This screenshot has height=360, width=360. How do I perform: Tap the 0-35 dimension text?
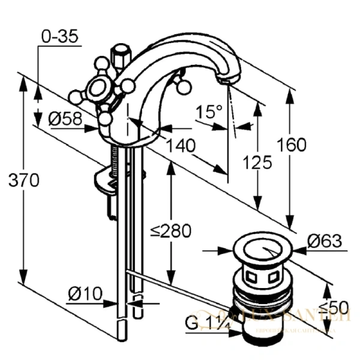(59, 37)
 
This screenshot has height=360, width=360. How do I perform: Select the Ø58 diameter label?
(65, 119)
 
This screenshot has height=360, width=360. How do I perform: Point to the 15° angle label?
(209, 112)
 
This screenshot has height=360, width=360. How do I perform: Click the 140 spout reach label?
(181, 145)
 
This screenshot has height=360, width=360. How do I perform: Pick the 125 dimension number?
(259, 162)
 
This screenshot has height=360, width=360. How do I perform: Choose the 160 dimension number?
(292, 145)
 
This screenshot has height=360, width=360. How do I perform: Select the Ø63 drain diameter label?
(324, 242)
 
